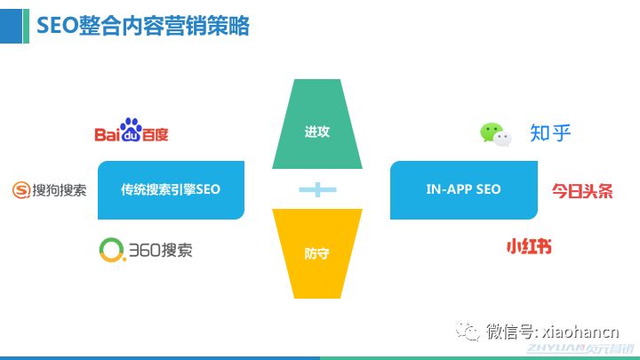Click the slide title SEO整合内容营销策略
(142, 26)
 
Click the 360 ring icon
(112, 250)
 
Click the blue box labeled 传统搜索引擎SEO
(171, 189)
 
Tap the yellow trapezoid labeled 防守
(317, 253)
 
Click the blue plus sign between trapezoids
(317, 188)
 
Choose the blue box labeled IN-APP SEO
(463, 189)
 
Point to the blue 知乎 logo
(550, 133)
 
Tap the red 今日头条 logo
(582, 190)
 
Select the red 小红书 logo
(528, 245)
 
